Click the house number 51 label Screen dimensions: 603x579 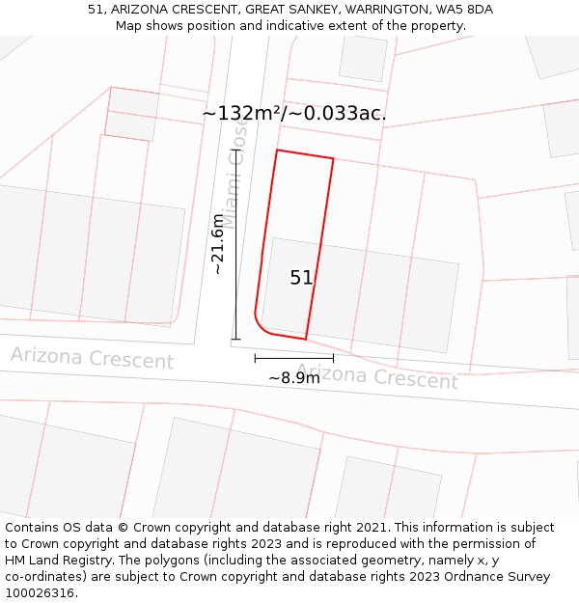(301, 278)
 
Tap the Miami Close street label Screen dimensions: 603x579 (236, 176)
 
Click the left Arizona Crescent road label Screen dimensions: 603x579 (92, 358)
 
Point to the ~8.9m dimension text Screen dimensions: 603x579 (293, 378)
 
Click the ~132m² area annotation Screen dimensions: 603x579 (293, 113)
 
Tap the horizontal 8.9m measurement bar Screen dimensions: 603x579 (293, 358)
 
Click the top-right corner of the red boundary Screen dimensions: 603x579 (333, 159)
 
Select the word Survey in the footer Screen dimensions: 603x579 (527, 577)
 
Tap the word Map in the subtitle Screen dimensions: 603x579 (129, 25)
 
